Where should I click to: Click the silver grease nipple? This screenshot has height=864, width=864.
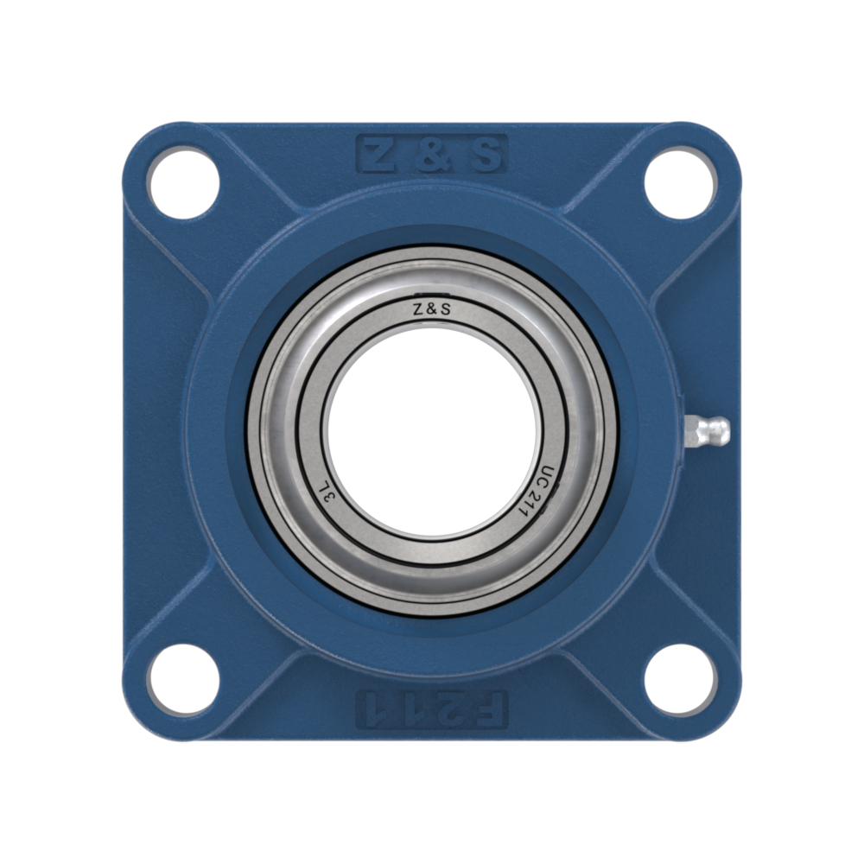click(x=707, y=430)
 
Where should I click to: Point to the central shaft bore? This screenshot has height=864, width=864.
click(x=432, y=432)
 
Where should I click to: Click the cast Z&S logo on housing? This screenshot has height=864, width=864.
click(x=432, y=154)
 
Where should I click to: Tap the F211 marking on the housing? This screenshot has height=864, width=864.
click(x=432, y=709)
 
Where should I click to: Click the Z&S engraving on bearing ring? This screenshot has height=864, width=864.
click(x=432, y=309)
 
